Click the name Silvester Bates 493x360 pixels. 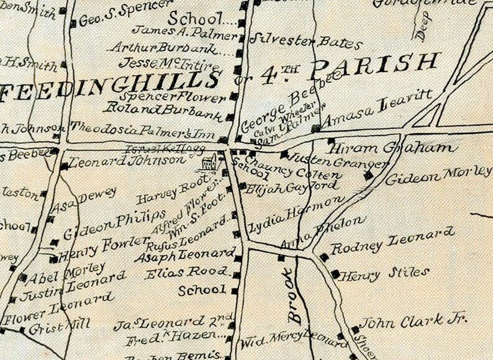(x=305, y=42)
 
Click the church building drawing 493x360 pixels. (x=211, y=163)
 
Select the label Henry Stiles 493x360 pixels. (x=385, y=272)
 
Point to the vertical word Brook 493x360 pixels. (x=291, y=296)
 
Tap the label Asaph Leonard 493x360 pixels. (x=183, y=255)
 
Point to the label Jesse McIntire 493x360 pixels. (x=169, y=64)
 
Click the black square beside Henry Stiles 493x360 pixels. (x=335, y=273)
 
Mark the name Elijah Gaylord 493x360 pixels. (x=292, y=186)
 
